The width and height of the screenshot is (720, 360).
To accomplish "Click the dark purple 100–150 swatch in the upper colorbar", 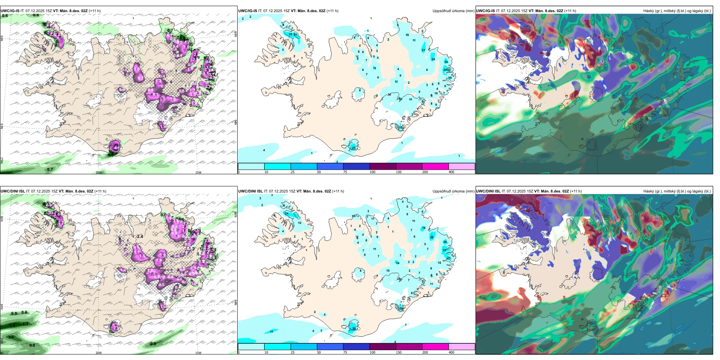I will (x=382, y=166).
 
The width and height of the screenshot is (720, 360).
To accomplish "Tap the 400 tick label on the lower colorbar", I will (x=451, y=352).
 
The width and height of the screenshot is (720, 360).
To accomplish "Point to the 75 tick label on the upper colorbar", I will (x=345, y=172).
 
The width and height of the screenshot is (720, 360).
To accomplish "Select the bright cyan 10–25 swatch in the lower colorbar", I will (x=277, y=347).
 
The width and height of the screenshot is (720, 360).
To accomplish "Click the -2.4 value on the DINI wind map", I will (x=139, y=236).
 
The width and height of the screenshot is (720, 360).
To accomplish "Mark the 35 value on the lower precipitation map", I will (x=354, y=329).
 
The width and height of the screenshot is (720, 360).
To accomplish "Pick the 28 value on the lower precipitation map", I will (x=432, y=238).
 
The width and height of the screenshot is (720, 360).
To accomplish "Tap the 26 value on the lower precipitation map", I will (x=445, y=242).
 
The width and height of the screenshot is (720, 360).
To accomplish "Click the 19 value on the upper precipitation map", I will (x=450, y=78).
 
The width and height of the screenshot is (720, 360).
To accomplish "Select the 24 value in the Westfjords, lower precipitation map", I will (x=286, y=214).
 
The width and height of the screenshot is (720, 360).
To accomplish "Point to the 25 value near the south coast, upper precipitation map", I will (x=354, y=148).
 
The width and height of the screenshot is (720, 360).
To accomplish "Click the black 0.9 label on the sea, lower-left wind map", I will (x=153, y=344).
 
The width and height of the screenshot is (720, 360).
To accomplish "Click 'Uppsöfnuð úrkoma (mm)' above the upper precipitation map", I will (x=453, y=11).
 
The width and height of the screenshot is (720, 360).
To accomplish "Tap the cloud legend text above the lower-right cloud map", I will (x=677, y=191).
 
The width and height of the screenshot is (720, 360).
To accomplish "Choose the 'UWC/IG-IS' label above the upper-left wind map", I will (x=10, y=11).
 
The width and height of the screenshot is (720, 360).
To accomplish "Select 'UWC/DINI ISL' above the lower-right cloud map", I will (x=488, y=191).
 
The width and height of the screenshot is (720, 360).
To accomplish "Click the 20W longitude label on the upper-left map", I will (x=99, y=173).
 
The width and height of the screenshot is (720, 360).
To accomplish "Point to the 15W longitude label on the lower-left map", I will (x=198, y=353).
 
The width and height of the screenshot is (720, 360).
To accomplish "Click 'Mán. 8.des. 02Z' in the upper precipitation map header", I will (x=311, y=11).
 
